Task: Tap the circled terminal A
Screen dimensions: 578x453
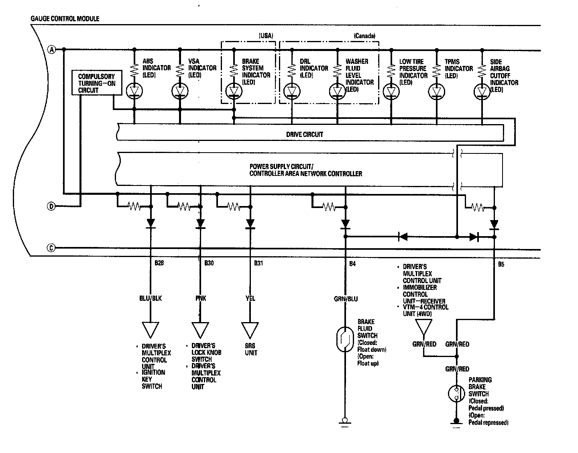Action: coord(52,50)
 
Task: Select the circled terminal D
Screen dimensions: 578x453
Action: coord(51,206)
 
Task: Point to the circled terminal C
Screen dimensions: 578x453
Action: coord(51,248)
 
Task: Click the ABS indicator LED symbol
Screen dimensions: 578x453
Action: coord(134,91)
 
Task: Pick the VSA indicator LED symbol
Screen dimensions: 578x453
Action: coord(180,91)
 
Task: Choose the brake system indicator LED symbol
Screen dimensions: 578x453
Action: coord(234,91)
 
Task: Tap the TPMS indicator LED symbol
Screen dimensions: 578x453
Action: coord(436,92)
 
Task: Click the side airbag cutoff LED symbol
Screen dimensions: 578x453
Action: coord(482,92)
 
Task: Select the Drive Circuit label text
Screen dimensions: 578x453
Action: coord(305,134)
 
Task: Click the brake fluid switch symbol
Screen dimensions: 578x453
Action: coord(345,339)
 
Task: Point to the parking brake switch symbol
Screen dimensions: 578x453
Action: coord(456,394)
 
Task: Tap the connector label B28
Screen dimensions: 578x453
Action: coord(159,263)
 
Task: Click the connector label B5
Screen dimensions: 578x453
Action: coord(501,264)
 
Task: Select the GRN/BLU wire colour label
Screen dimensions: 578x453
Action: coord(346,299)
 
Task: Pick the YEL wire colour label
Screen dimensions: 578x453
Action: coord(250,298)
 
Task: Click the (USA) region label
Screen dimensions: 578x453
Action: coord(266,36)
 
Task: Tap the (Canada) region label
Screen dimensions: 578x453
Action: coord(364,36)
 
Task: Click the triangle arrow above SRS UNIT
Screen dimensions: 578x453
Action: coord(250,330)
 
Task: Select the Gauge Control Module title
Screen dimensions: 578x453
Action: coord(65,18)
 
